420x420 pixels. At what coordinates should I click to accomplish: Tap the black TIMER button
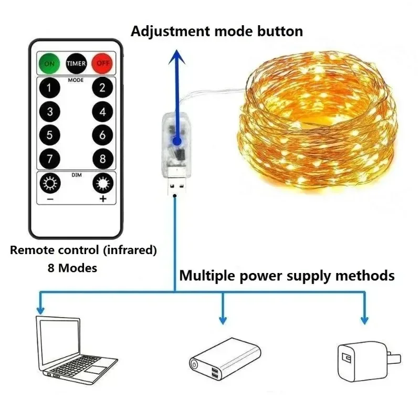(76, 64)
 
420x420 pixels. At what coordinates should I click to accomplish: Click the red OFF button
(102, 64)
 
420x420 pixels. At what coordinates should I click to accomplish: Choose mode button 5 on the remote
(50, 135)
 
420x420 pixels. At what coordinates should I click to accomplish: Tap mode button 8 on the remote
(102, 159)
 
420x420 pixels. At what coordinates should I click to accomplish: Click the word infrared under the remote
(132, 250)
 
